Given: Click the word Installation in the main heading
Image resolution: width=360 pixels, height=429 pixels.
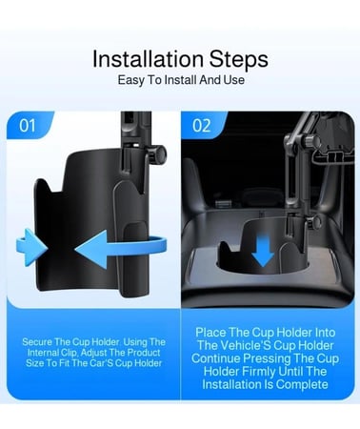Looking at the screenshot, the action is [148, 59].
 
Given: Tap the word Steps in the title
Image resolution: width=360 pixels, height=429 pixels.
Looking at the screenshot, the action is [239, 59].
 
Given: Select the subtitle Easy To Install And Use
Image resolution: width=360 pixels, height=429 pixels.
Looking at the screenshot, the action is [181, 80].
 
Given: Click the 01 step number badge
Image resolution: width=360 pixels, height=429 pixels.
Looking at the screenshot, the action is [28, 125].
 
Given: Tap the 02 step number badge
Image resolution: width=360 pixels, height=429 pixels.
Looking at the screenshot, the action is [202, 126].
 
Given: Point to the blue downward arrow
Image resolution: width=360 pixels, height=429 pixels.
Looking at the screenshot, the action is [263, 249].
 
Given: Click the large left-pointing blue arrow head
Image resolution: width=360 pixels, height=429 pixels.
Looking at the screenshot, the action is [92, 249].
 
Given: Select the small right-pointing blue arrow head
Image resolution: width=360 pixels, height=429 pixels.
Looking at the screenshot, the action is [31, 247].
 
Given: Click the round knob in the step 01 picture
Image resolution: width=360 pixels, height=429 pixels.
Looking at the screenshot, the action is [158, 154].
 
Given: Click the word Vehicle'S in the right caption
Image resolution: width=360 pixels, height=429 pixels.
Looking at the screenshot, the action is [246, 346].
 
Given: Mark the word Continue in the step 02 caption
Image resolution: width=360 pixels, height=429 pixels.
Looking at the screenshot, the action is [216, 358].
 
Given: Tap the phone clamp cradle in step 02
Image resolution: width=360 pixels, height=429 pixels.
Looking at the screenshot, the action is [332, 143].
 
